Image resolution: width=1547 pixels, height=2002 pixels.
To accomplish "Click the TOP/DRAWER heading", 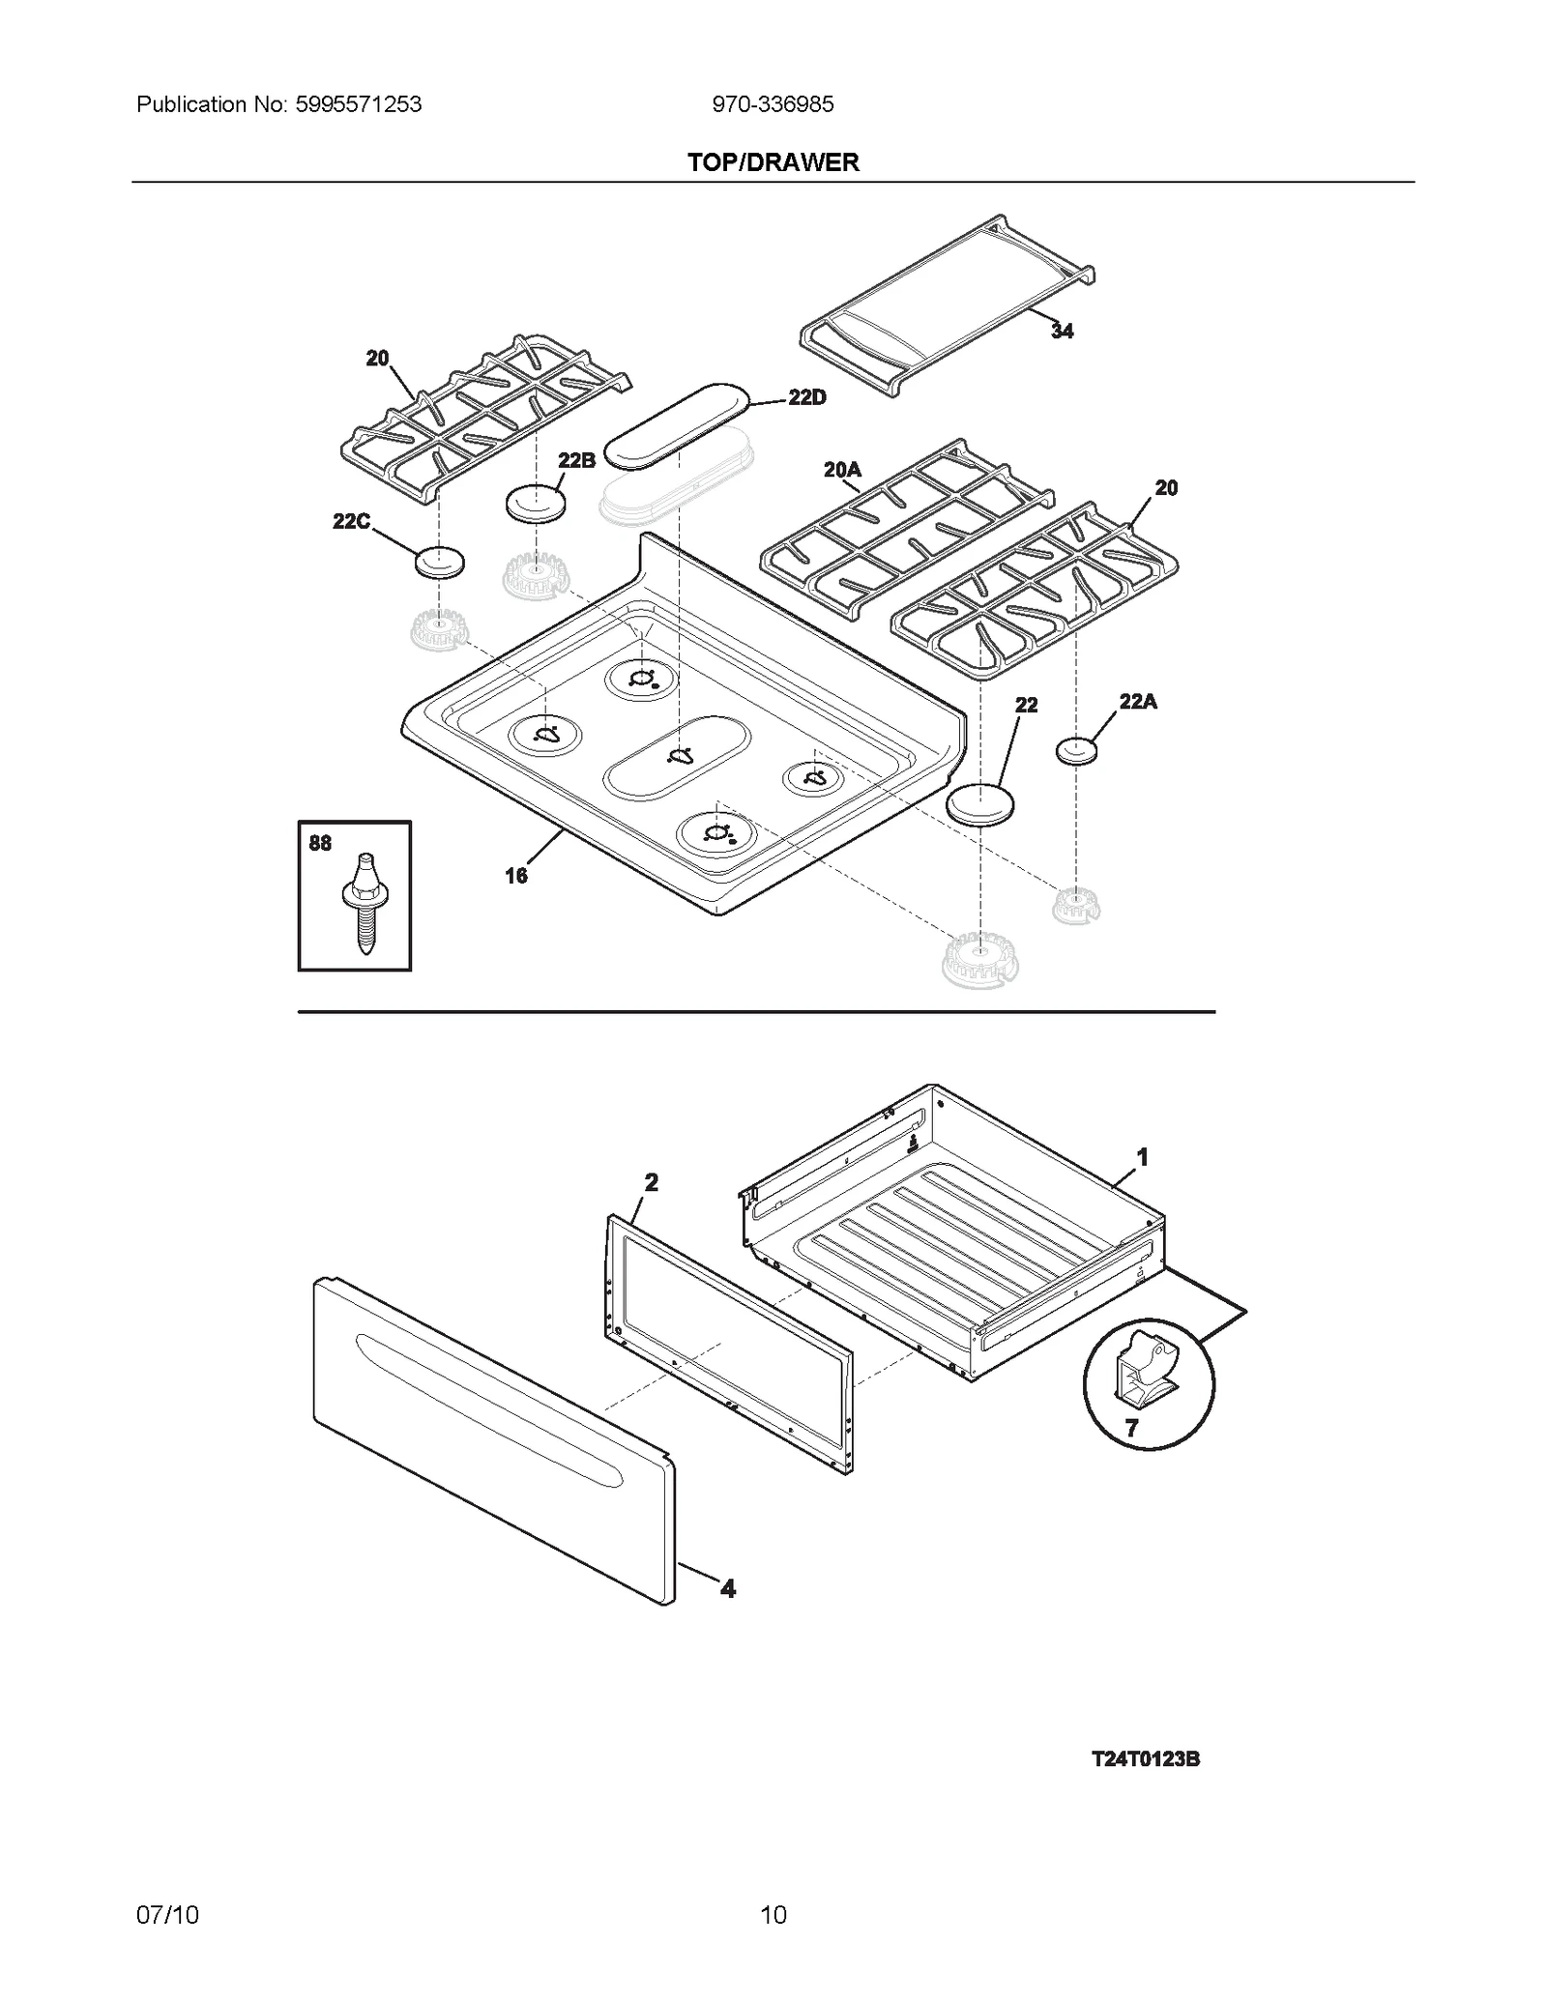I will click(x=773, y=162).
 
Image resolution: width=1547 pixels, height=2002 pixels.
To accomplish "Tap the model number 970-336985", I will click(x=773, y=104).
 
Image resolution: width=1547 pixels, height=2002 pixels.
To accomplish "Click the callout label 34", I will click(x=1062, y=332).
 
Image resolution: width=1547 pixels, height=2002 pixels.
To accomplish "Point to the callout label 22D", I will click(x=807, y=397).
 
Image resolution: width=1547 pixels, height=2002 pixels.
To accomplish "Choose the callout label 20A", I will click(x=842, y=470).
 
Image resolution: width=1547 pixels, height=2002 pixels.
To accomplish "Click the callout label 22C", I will click(x=351, y=522).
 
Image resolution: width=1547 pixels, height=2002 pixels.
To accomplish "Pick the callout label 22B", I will click(x=576, y=460).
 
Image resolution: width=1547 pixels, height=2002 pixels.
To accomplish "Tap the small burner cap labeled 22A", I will click(x=1076, y=750).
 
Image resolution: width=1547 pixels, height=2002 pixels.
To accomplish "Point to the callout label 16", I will click(x=516, y=876).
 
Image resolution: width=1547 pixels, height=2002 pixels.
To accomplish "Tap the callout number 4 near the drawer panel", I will click(x=727, y=1588).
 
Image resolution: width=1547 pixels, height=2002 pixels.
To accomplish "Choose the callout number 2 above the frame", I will click(x=651, y=1182).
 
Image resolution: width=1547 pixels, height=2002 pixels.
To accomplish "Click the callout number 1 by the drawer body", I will click(x=1142, y=1156).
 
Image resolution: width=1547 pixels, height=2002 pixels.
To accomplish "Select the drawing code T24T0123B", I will click(x=1146, y=1759).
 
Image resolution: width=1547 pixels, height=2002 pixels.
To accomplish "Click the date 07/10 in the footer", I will click(x=167, y=1915).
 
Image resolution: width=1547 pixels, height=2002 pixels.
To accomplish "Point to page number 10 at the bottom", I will click(x=773, y=1915).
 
